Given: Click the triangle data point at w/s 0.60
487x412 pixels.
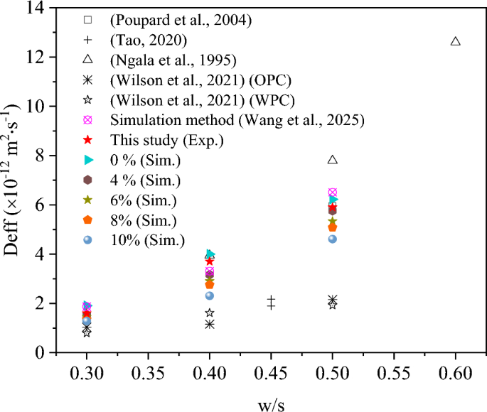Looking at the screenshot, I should pos(456,41).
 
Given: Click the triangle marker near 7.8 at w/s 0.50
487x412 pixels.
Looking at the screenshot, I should pos(333,160).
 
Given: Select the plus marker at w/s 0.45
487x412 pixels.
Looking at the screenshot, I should pos(271,303).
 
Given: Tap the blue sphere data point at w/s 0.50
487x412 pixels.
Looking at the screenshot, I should pos(333,239).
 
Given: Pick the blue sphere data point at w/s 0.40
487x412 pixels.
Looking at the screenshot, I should pos(210,296).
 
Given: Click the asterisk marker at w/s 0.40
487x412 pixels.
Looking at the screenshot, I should pos(210,324).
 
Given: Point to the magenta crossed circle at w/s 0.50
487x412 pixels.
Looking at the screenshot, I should pos(333,193).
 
